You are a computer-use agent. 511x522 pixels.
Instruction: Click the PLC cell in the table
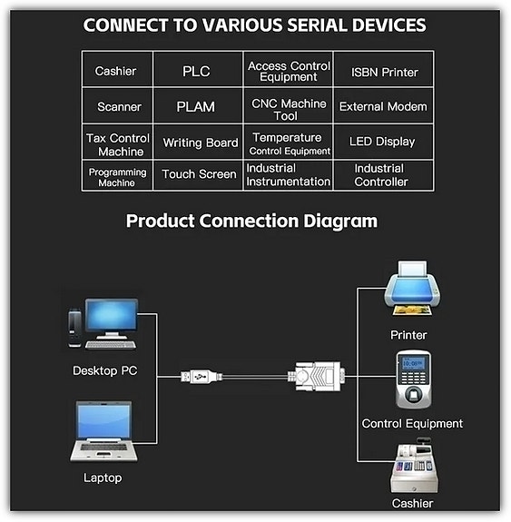point(198,70)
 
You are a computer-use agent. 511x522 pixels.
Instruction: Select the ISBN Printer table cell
point(383,70)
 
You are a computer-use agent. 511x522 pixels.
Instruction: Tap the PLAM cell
point(198,106)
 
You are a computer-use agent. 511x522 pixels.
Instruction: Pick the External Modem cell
point(383,106)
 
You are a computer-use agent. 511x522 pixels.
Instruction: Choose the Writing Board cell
point(198,142)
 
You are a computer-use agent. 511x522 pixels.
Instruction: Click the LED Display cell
point(383,142)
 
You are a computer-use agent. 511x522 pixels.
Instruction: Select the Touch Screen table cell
point(198,175)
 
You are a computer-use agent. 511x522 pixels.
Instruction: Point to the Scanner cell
point(117,106)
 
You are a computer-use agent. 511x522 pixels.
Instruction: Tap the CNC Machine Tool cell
point(289,106)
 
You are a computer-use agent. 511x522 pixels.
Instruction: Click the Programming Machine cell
point(117,175)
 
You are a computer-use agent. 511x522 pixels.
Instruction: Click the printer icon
point(412,289)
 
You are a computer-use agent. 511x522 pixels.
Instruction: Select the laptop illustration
point(103,431)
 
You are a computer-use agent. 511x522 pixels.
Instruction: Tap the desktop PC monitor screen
point(112,316)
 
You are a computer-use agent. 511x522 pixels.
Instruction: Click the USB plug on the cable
point(201,377)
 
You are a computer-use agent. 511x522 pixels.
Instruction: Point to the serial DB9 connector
point(318,377)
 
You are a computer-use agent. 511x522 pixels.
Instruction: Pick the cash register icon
point(414,466)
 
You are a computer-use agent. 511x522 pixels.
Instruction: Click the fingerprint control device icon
point(414,379)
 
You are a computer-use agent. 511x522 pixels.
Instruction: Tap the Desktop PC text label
point(105,370)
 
